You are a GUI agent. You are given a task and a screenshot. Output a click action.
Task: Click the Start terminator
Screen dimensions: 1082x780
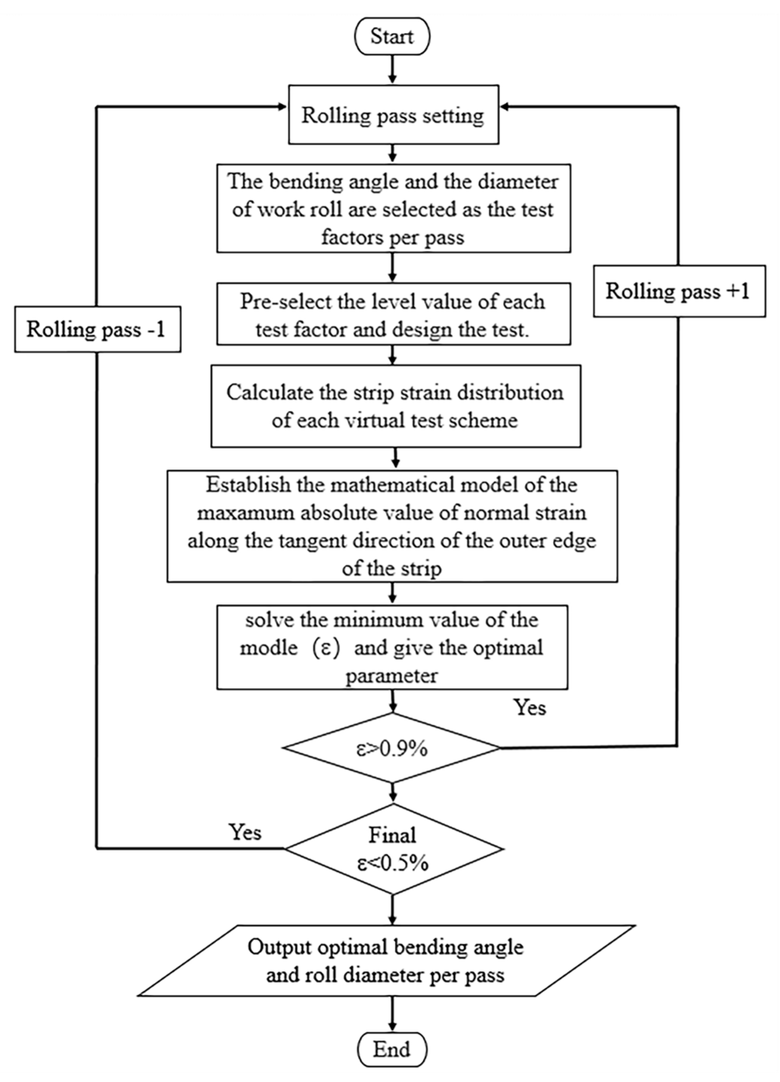[x=392, y=37]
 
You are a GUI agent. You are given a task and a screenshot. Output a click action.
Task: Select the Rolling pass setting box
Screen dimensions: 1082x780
[x=393, y=115]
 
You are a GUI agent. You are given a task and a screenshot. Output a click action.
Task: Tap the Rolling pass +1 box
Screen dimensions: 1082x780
[x=679, y=291]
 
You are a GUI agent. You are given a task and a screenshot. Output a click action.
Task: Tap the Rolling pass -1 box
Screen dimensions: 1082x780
[x=97, y=329]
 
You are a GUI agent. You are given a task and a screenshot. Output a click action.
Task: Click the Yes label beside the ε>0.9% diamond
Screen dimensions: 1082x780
[x=530, y=707]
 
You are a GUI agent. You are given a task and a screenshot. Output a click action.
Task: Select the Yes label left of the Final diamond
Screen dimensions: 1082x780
[x=246, y=832]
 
